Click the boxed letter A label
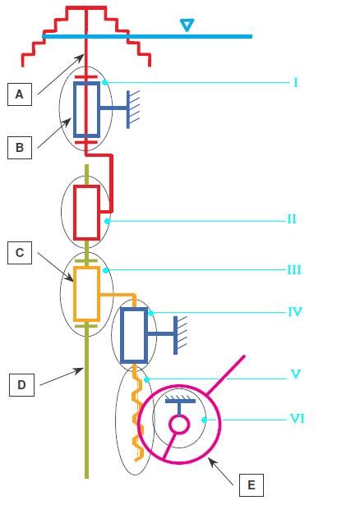(20, 94)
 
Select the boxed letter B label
(20, 148)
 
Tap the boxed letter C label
(20, 253)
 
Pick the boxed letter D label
(21, 384)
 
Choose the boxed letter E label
(251, 485)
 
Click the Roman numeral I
(296, 83)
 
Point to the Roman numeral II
(292, 219)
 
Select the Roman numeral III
(294, 269)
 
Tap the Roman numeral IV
(295, 312)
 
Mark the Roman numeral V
(296, 374)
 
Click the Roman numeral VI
(298, 419)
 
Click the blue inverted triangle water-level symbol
(187, 25)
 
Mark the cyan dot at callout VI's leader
(204, 420)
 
